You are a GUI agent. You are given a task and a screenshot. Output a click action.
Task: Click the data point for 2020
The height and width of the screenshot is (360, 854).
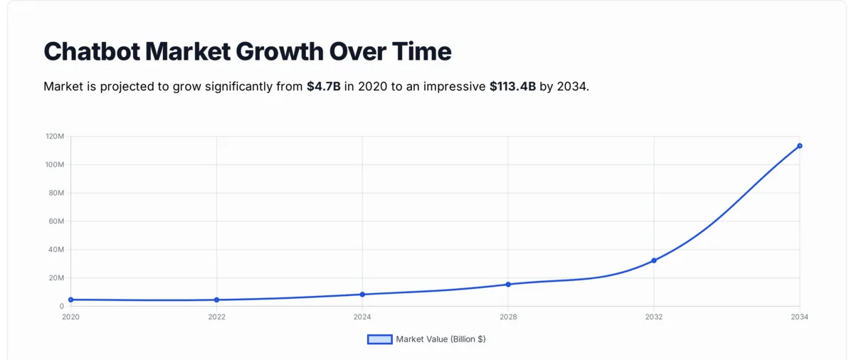[x=71, y=300]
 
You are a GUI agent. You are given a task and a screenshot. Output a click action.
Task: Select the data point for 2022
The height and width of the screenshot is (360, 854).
[x=216, y=300]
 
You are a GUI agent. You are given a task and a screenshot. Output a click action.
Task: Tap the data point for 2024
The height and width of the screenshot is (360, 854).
[x=362, y=295]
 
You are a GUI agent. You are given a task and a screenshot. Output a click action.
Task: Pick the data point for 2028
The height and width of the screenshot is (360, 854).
[x=508, y=285]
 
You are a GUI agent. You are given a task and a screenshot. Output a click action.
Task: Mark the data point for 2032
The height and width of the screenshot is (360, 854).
[x=654, y=260]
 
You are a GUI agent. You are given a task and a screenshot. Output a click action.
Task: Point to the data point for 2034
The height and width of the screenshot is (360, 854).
[x=800, y=146]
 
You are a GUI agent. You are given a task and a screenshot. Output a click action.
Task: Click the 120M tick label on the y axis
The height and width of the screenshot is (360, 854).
[x=55, y=136]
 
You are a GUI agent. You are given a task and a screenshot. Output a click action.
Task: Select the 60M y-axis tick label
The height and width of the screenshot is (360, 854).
[x=56, y=221]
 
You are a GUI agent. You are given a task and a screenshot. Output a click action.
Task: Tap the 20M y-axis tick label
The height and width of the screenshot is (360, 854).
[x=56, y=278]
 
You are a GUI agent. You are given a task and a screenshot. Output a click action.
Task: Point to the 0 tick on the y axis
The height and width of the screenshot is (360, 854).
[x=61, y=307]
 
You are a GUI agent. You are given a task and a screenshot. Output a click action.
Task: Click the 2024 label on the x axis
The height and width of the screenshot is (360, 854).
[x=362, y=317]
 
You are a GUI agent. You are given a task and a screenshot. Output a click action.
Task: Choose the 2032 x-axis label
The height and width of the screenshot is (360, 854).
[x=654, y=317]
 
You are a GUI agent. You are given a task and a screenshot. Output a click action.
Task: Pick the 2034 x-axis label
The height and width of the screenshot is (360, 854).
[x=800, y=317]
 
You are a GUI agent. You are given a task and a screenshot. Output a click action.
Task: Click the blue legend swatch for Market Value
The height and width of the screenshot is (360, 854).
[x=379, y=339]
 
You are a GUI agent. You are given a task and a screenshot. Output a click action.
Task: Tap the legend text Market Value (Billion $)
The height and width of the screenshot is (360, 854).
[x=441, y=339]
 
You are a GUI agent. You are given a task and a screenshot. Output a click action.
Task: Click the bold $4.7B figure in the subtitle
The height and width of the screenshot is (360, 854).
[x=324, y=87]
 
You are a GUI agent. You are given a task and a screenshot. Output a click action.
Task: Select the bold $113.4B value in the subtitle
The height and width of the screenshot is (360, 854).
[x=512, y=87]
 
